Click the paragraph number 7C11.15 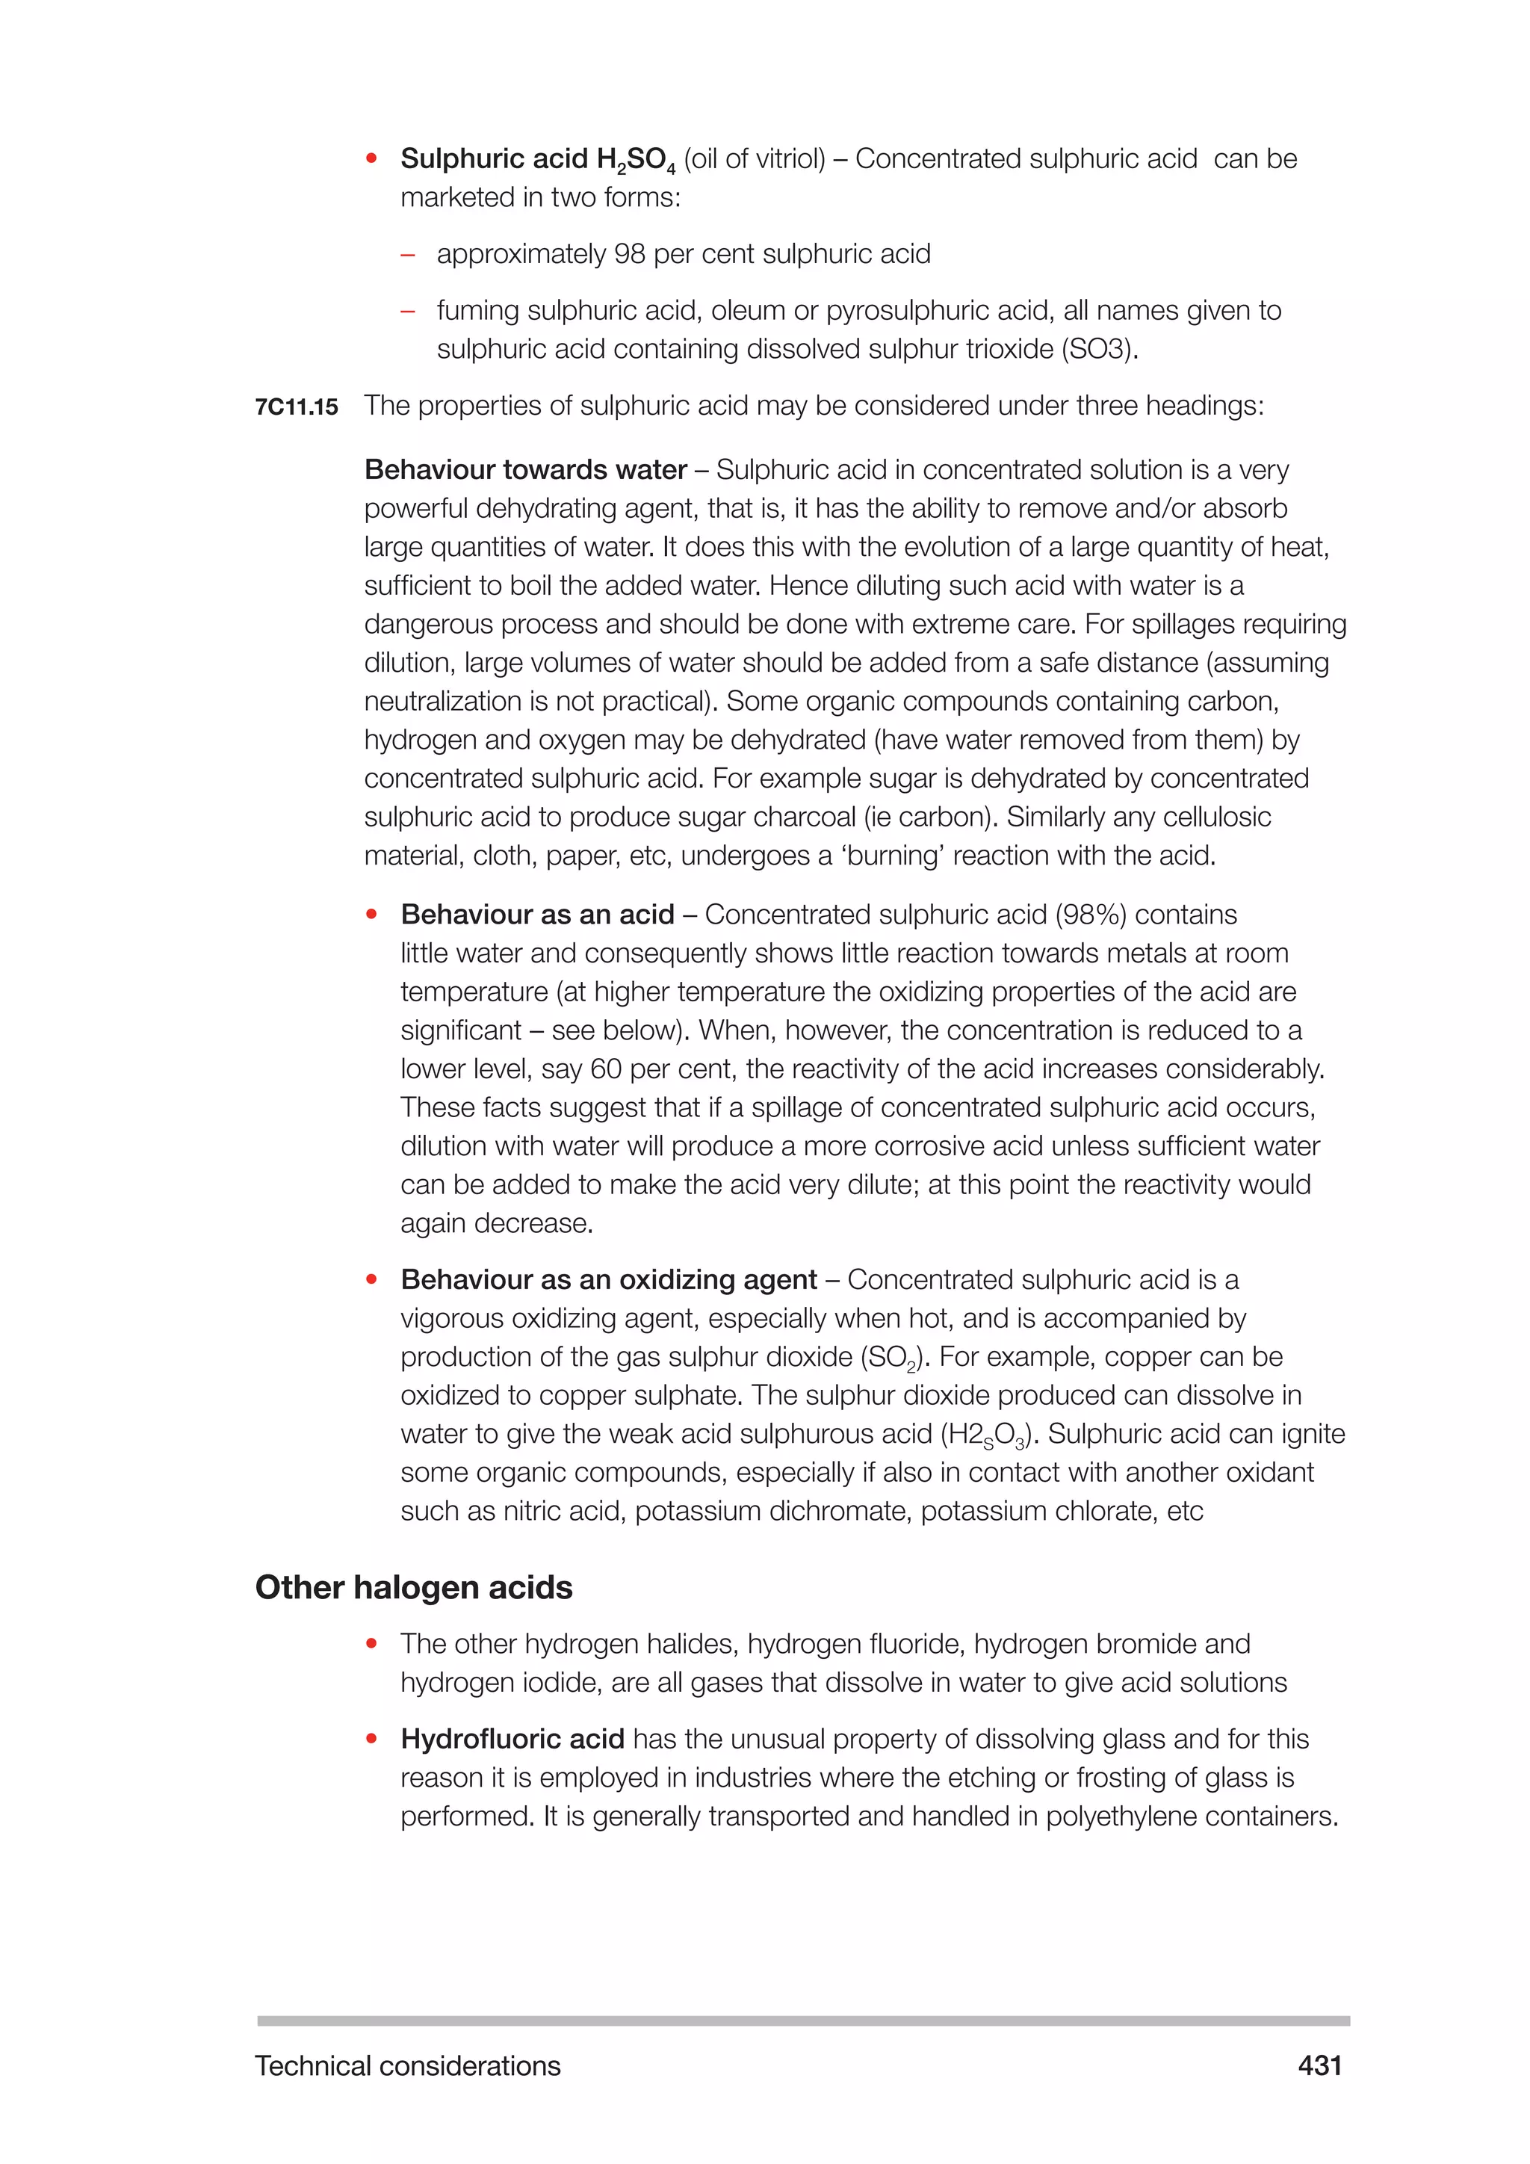[x=296, y=407]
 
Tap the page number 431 [x=1319, y=2065]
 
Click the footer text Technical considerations [x=407, y=2066]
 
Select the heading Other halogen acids [x=414, y=1587]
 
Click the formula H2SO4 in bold [x=636, y=160]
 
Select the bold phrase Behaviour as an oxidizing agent [x=609, y=1279]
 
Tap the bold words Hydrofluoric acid [x=512, y=1739]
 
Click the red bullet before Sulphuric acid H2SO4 [x=372, y=158]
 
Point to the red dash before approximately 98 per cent [x=408, y=255]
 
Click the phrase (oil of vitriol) [x=754, y=158]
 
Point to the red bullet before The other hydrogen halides [x=372, y=1644]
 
